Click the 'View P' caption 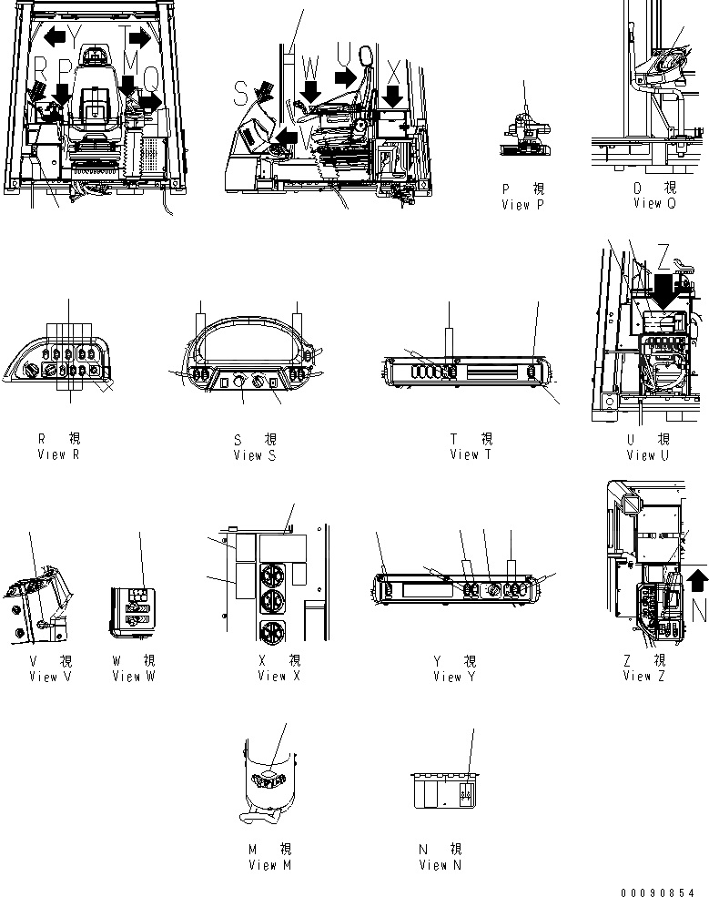point(522,205)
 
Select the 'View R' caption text point(58,454)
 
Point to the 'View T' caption point(471,454)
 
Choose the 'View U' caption point(648,455)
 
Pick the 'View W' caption point(134,677)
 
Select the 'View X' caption point(279,676)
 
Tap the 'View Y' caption point(454,677)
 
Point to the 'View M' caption point(269,865)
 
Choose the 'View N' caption point(440,865)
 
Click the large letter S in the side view point(240,93)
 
